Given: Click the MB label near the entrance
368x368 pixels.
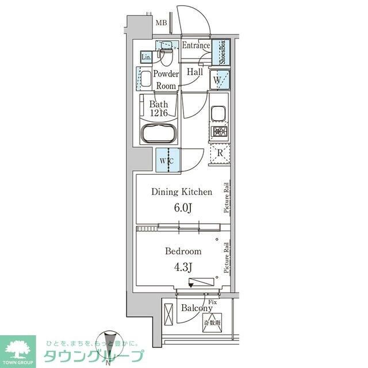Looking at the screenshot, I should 161,23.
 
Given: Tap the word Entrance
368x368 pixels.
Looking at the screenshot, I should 196,46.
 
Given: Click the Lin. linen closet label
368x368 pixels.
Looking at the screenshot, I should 147,57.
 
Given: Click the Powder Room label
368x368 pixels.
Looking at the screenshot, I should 166,80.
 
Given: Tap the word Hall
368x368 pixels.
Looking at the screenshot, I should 194,73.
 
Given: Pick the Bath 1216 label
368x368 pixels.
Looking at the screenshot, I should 158,109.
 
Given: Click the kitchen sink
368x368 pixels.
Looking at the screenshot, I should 219,113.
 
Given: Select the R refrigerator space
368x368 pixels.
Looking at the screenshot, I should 220,153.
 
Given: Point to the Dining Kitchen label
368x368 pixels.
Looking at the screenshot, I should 182,192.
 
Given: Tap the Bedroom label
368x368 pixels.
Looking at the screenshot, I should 183,251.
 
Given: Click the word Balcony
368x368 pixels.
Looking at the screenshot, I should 196,308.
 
